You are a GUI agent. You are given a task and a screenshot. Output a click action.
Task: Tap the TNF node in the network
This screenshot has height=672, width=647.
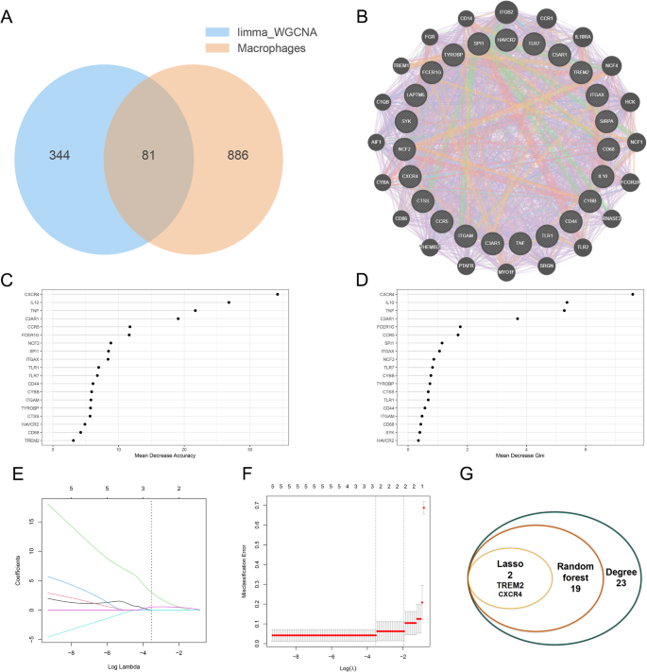[520, 243]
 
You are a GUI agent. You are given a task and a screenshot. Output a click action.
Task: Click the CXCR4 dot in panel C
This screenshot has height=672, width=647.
[277, 294]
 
